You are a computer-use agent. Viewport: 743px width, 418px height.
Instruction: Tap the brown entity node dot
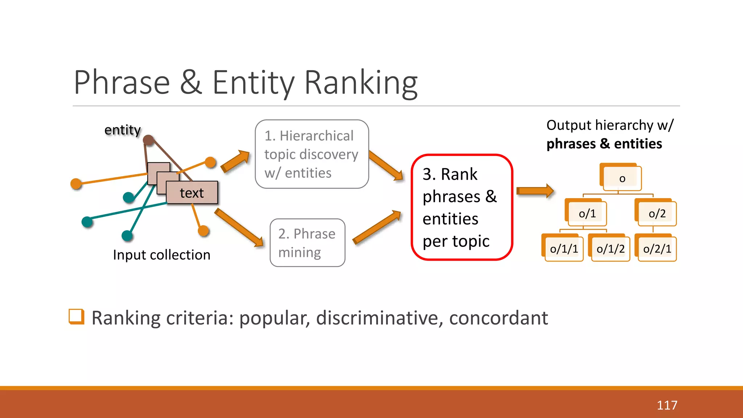(x=148, y=140)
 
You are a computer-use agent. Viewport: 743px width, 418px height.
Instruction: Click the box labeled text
(x=192, y=193)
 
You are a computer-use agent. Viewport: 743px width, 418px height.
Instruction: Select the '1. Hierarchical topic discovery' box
(x=312, y=154)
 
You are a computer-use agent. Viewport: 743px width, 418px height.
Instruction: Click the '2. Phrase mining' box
(x=307, y=243)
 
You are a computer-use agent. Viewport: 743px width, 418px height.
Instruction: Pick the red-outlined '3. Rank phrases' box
(x=461, y=207)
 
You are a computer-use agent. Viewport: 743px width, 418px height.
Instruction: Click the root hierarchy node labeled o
(x=622, y=178)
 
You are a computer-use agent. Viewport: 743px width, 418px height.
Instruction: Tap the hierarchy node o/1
(x=587, y=213)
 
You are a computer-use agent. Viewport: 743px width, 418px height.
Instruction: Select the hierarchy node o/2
(x=657, y=213)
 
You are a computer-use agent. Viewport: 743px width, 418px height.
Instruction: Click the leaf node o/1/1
(x=564, y=249)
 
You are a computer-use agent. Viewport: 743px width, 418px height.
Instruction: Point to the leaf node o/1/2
(x=610, y=249)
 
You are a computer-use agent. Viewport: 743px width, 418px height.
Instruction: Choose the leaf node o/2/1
(x=657, y=249)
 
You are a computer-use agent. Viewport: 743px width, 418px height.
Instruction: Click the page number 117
(x=667, y=405)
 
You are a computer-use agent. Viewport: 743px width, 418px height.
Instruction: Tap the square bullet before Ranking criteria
(x=76, y=316)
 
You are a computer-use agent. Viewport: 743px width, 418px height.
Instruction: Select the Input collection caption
(x=161, y=255)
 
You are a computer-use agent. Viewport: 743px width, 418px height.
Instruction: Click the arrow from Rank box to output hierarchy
(x=534, y=191)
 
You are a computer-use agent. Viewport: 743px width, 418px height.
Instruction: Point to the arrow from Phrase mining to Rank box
(x=377, y=227)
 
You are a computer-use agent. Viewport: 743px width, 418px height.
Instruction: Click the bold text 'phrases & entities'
(x=604, y=144)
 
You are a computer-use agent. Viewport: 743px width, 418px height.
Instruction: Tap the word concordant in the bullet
(x=498, y=318)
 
